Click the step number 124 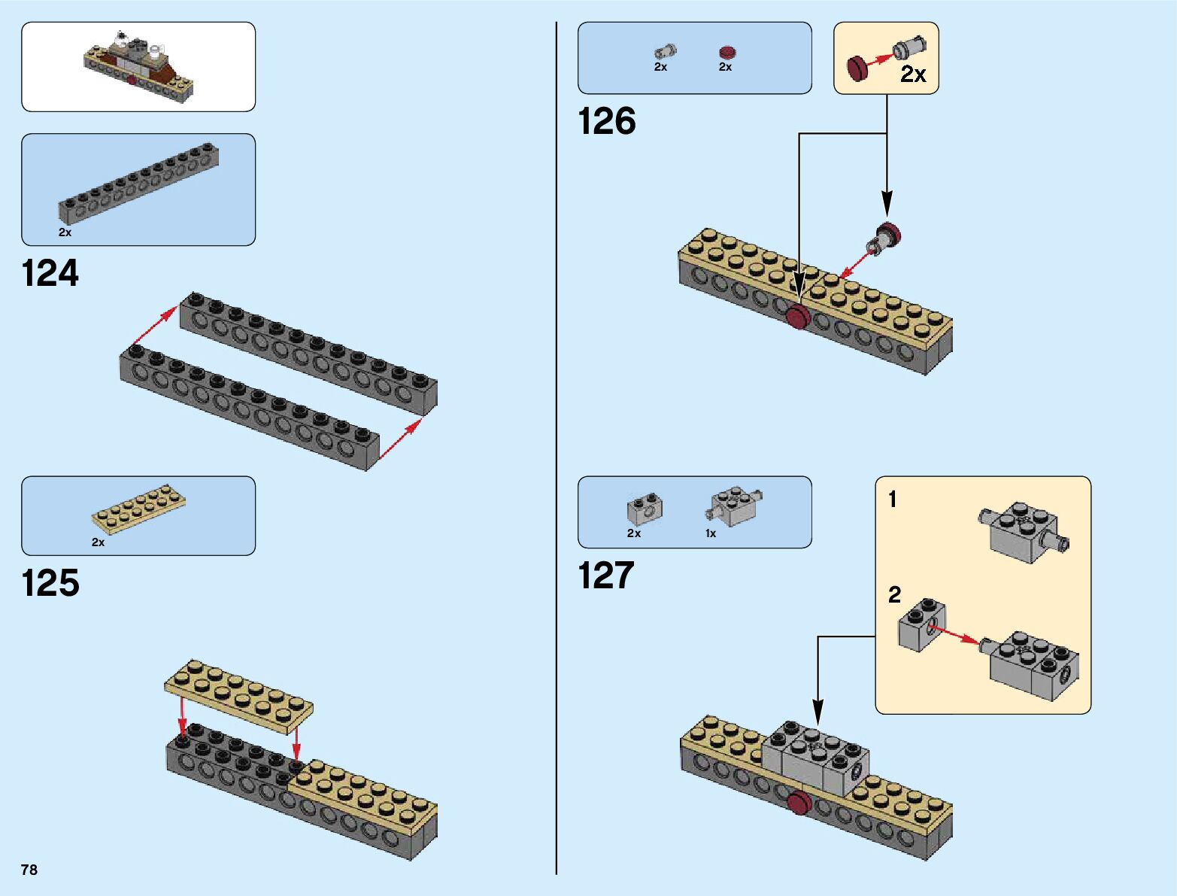click(50, 274)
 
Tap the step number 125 click(50, 583)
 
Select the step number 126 click(606, 121)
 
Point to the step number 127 click(606, 576)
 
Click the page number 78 click(29, 870)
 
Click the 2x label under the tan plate click(98, 542)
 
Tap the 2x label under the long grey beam click(65, 232)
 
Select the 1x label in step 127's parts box click(711, 533)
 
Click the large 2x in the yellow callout click(913, 74)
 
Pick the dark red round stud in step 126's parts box click(727, 52)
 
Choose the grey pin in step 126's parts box click(666, 51)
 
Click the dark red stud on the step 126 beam click(798, 317)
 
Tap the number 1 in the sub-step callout click(892, 500)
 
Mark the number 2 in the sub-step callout click(894, 594)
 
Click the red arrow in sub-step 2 click(960, 633)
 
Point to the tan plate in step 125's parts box click(139, 509)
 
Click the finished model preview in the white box click(138, 66)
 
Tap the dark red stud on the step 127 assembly click(799, 803)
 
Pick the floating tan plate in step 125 click(238, 696)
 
